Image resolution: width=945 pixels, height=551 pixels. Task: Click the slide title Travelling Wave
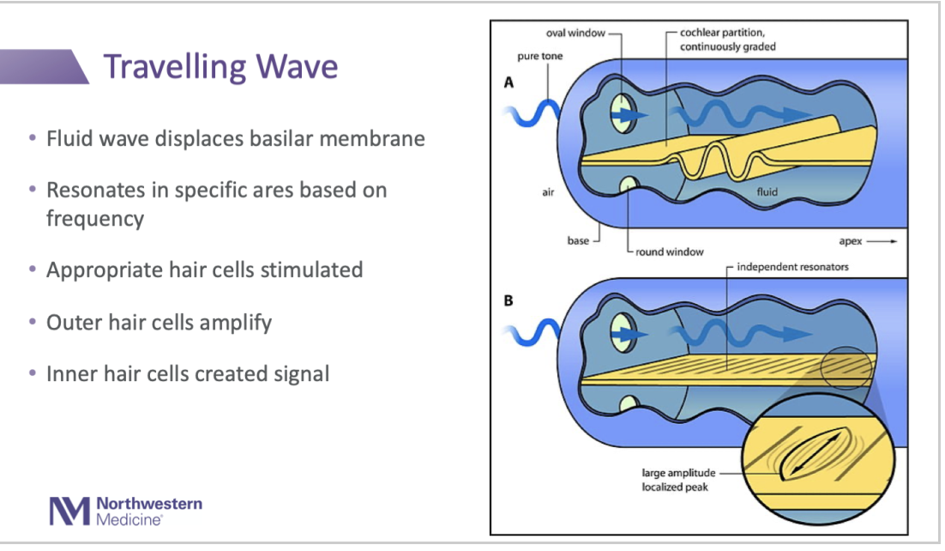pos(220,67)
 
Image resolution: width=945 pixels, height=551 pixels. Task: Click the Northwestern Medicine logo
pos(125,510)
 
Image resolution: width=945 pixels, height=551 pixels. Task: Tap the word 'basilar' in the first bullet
pos(287,138)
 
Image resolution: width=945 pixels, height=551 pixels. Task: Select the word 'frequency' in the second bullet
pos(94,218)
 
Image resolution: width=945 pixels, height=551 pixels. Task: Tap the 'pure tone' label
pos(539,57)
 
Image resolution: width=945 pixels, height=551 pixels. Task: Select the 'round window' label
pos(670,251)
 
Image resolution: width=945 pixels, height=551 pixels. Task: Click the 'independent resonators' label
pos(792,267)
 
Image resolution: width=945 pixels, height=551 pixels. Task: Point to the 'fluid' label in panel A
pos(767,192)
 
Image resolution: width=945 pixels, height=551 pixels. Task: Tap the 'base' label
pos(578,241)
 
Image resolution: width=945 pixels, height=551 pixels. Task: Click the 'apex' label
pos(853,241)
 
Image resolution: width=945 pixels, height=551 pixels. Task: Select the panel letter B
pos(509,302)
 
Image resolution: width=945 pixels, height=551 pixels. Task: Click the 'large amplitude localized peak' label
pos(676,479)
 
